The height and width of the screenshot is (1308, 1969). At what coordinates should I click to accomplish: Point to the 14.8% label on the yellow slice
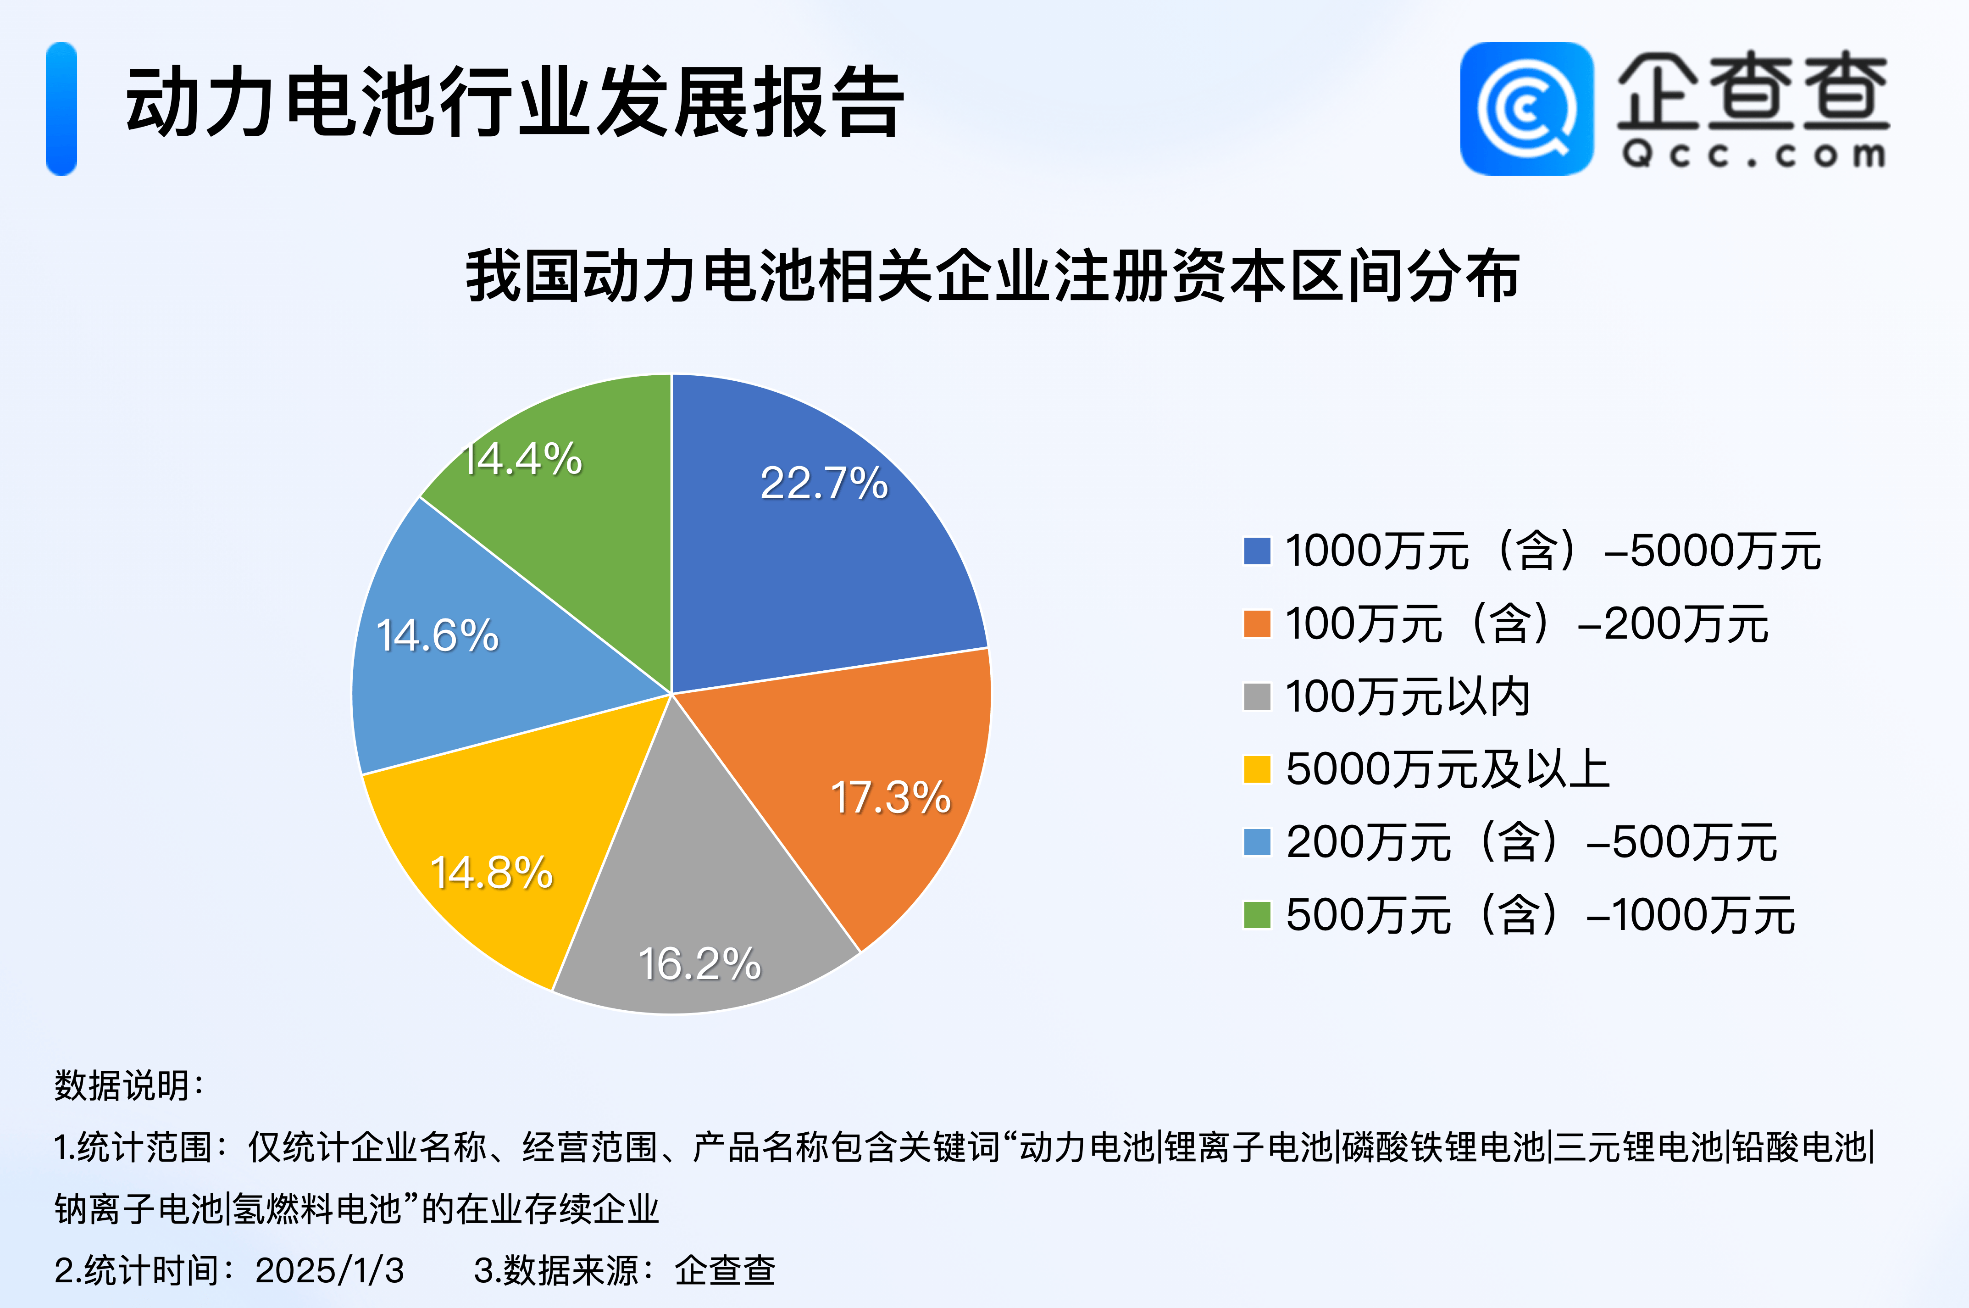click(491, 873)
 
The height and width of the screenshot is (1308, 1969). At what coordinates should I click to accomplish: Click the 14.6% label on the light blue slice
click(437, 635)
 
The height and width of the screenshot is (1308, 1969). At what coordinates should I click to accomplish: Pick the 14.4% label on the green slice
click(522, 459)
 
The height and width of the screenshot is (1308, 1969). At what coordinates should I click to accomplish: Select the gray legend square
click(1257, 696)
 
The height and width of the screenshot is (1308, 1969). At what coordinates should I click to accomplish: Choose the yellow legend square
click(1257, 769)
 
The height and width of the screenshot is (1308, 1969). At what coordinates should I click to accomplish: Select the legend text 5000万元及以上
click(1447, 769)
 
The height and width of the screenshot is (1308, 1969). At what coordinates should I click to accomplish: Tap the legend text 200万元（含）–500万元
click(1531, 842)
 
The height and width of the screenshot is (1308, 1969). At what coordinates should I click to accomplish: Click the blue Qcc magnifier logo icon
click(1526, 108)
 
